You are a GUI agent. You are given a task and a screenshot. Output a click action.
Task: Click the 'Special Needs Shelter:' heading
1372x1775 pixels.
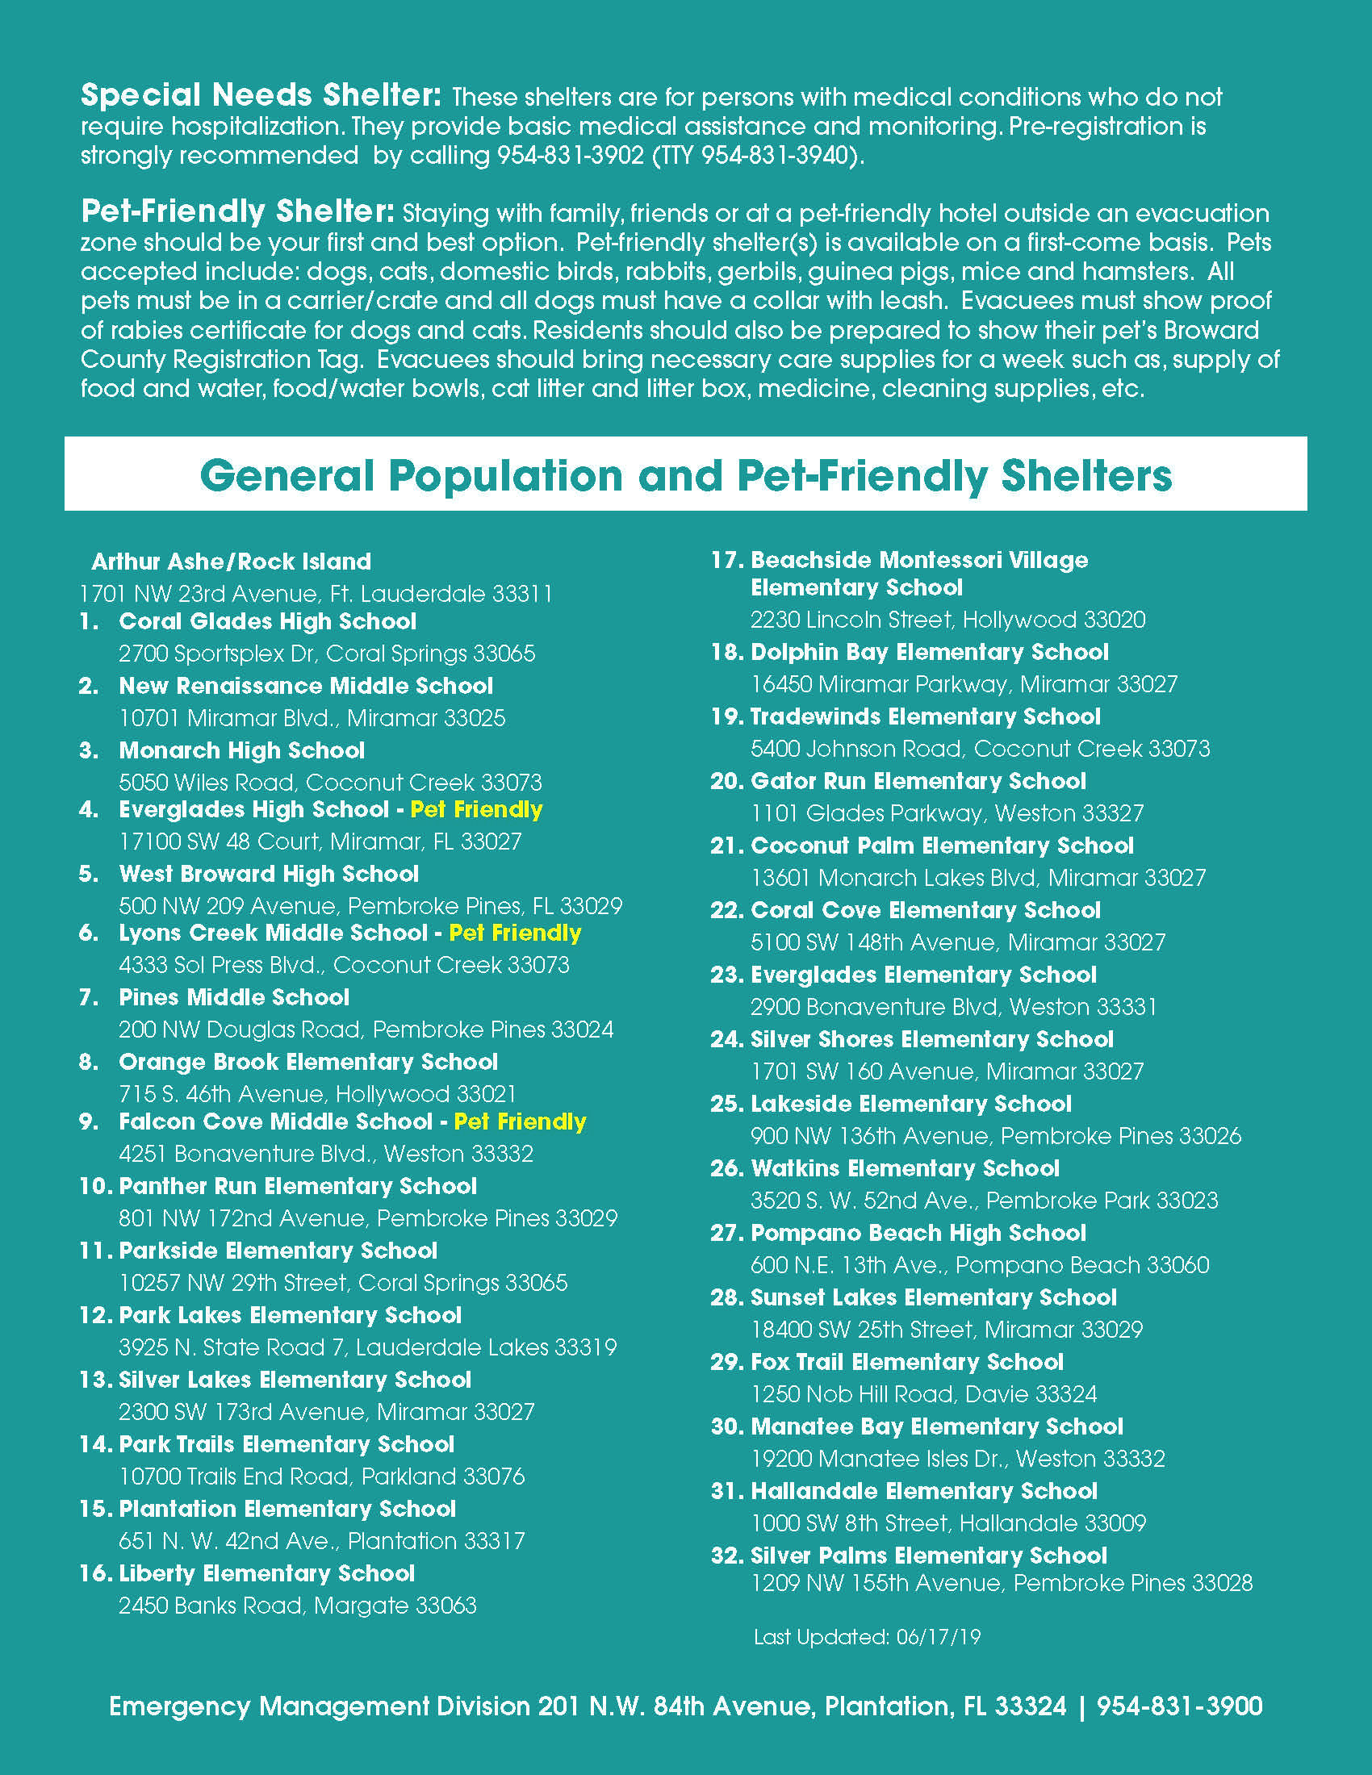pos(261,95)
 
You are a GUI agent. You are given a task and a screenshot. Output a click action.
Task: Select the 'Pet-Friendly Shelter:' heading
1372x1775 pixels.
pos(237,211)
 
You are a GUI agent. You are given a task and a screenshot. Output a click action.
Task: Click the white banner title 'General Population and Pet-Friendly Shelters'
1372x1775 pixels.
pos(685,474)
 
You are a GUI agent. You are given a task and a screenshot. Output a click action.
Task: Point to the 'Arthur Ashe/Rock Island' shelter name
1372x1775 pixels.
pos(231,562)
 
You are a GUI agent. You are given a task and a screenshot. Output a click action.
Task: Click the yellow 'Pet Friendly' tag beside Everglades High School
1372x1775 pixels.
pos(476,809)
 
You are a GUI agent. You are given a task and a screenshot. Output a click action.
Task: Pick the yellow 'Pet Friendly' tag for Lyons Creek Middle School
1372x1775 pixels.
pos(516,933)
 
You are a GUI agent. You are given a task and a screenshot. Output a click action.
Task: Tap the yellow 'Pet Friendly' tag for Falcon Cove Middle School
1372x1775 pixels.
pos(521,1121)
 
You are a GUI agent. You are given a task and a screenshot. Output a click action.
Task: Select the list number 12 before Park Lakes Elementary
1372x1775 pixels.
pos(94,1315)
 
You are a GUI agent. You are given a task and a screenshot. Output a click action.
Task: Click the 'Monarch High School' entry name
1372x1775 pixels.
pos(241,750)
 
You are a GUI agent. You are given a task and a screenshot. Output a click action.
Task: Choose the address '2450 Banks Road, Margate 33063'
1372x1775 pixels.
pos(298,1605)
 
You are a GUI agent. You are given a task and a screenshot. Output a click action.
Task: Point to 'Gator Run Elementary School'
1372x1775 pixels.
pos(918,781)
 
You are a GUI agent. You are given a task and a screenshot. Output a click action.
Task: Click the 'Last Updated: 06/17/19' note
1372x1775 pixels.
pos(868,1636)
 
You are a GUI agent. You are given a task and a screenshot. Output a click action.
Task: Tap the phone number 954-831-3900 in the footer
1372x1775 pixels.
pos(1179,1706)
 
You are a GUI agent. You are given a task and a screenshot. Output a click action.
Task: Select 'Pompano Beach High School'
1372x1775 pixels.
pos(918,1233)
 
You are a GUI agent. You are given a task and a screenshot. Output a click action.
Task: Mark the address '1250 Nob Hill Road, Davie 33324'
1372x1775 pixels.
pos(923,1394)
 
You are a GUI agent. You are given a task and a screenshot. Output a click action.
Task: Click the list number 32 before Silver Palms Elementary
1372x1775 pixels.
pos(726,1556)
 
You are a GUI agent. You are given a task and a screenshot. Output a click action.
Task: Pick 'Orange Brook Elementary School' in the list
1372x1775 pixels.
pos(308,1063)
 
